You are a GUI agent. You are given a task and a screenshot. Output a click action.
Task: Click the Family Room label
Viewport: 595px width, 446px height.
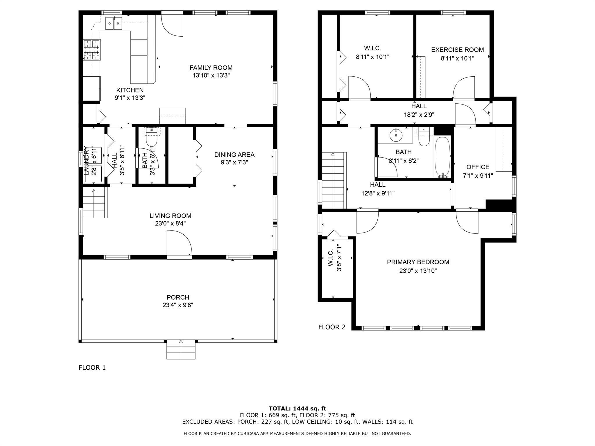(x=211, y=68)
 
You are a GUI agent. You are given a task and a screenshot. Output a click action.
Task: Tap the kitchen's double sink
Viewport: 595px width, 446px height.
(x=114, y=23)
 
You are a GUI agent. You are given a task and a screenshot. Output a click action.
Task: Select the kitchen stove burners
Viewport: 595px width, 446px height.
(x=92, y=50)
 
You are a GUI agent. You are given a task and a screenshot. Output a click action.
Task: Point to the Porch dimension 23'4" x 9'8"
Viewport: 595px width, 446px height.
(x=178, y=305)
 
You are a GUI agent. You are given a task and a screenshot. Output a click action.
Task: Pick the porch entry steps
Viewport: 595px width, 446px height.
(x=181, y=350)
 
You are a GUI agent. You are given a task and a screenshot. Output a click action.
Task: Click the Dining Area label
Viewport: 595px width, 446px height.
(x=234, y=154)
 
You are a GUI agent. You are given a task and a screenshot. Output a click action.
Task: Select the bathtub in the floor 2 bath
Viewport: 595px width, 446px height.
(x=442, y=157)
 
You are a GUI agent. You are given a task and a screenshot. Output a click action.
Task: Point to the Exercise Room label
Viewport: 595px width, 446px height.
(x=457, y=50)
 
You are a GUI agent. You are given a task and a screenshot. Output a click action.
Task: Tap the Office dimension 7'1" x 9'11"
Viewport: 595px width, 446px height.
(x=478, y=175)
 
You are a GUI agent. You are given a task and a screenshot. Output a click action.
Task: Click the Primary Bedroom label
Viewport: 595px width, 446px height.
(x=418, y=262)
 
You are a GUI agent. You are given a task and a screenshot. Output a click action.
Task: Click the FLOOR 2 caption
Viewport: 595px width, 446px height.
(x=332, y=327)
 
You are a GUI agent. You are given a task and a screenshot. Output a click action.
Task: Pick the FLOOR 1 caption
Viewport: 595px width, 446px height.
(x=92, y=368)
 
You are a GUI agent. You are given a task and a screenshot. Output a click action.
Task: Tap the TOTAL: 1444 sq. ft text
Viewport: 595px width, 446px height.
(x=297, y=409)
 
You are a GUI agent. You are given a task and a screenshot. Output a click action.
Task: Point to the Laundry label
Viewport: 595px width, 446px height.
(x=87, y=161)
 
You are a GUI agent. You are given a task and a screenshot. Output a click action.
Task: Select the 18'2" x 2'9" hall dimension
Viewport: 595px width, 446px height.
(x=419, y=115)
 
